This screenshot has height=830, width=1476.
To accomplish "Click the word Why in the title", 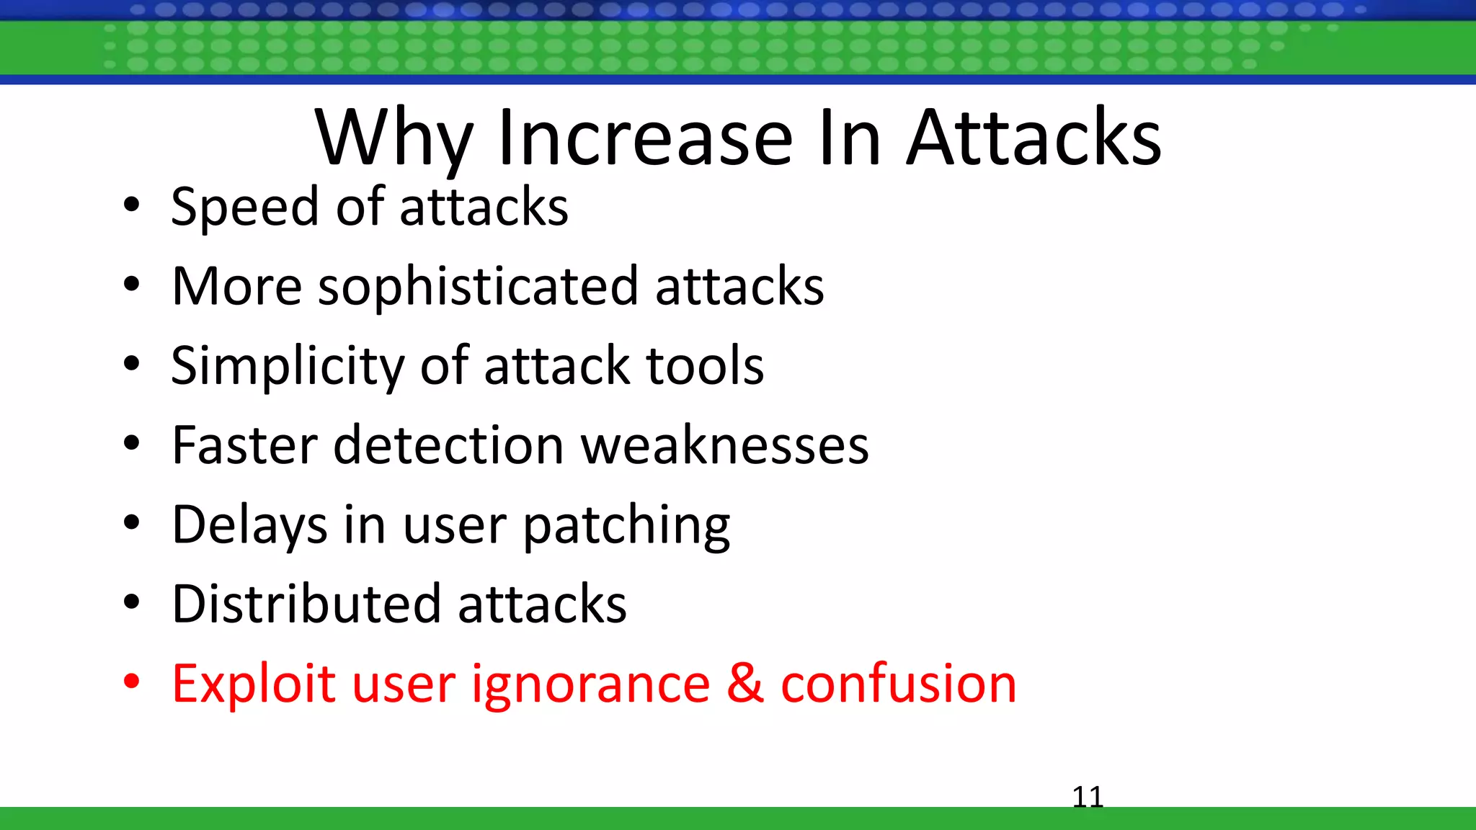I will (394, 138).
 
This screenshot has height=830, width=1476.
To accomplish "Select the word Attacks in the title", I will (1033, 138).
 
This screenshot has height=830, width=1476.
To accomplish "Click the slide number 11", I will (1088, 797).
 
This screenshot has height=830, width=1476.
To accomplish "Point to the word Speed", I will (244, 207).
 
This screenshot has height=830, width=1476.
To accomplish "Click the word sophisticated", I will (478, 287).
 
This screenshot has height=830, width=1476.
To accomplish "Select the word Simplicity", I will (287, 366).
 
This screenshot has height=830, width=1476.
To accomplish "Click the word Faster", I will (244, 445).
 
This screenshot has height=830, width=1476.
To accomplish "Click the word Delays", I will (249, 525).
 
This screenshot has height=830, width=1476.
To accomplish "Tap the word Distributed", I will (306, 604).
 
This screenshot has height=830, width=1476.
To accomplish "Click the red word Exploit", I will (252, 683).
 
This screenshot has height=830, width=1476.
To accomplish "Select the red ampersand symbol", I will (744, 683).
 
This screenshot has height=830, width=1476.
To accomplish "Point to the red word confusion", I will (898, 683).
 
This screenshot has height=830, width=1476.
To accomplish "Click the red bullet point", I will (131, 681).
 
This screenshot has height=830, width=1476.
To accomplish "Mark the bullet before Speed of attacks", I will (131, 205).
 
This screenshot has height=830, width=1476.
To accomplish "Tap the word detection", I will (448, 445).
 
